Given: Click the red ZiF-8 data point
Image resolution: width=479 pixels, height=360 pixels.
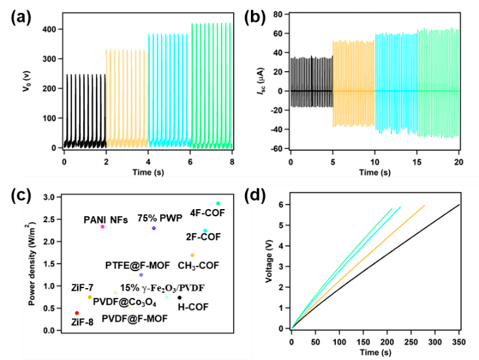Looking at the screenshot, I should [77, 313].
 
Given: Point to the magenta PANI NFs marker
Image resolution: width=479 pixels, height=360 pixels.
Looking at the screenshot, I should [103, 227].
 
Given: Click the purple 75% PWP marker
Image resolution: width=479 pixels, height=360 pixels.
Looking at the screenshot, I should [154, 228].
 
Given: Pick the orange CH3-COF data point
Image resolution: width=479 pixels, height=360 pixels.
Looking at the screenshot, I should [192, 255].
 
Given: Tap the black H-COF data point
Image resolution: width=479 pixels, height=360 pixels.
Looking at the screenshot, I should [180, 298].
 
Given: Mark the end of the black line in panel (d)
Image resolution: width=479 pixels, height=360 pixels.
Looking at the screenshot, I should [459, 205].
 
